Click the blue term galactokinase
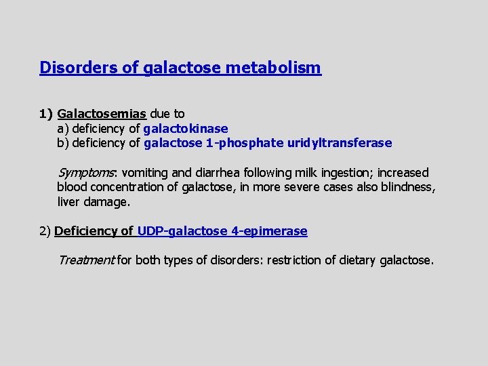[x=186, y=128]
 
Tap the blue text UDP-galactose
[x=182, y=231]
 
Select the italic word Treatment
[x=86, y=260]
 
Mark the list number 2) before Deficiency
[x=45, y=231]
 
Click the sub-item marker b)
[x=63, y=143]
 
